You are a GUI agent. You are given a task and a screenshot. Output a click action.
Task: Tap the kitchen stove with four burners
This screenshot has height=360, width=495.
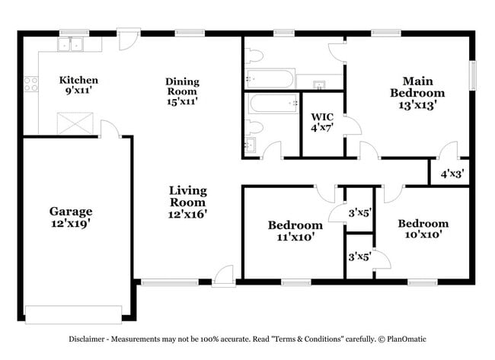pyautogui.click(x=31, y=84)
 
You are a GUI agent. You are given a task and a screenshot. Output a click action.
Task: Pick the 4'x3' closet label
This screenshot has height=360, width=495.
pyautogui.click(x=452, y=174)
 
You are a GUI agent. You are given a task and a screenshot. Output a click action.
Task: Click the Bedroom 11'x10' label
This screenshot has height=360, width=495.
pyautogui.click(x=295, y=231)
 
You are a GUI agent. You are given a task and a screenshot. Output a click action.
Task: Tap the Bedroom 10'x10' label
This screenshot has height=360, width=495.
pyautogui.click(x=423, y=229)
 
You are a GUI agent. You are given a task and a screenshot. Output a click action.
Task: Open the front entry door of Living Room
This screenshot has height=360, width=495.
pyautogui.click(x=224, y=276)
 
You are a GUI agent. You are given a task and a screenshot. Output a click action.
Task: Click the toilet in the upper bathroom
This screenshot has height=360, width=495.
pyautogui.click(x=255, y=55)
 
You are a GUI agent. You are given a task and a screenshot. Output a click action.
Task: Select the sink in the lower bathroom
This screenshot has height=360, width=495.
pyautogui.click(x=251, y=143)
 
